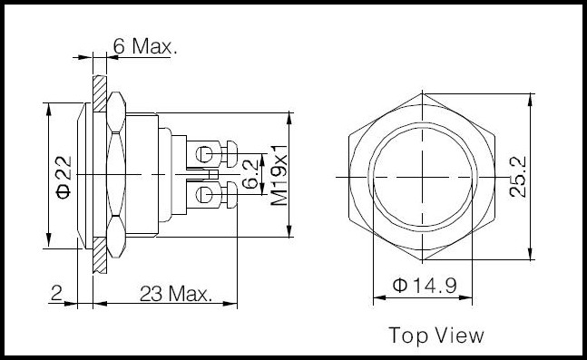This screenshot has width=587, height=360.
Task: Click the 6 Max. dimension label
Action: [x=145, y=46]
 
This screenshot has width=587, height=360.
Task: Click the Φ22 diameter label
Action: [x=64, y=178]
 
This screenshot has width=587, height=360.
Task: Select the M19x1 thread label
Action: [x=279, y=176]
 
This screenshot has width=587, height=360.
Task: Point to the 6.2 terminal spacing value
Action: [x=250, y=174]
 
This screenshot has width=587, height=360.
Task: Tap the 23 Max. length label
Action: [x=176, y=294]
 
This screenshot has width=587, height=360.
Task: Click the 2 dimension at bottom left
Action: [x=56, y=293]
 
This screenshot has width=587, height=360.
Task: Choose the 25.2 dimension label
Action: [x=518, y=177]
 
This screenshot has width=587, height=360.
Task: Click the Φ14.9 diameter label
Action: [x=425, y=286]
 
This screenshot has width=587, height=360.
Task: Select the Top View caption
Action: [x=436, y=335]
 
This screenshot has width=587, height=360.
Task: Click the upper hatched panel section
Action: [x=100, y=93]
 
